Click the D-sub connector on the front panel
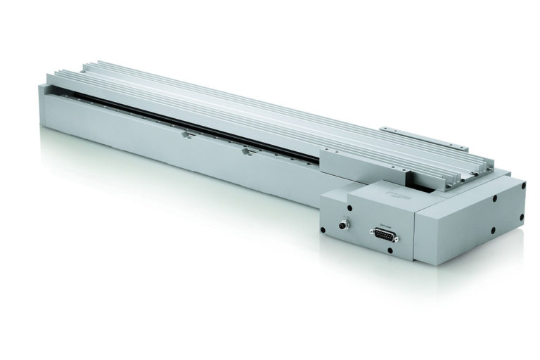click(384, 237)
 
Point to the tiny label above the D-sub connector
click(384, 227)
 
